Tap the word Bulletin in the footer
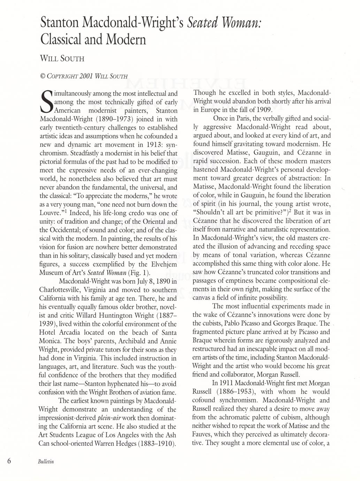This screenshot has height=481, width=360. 46,461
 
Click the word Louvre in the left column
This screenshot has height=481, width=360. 50,213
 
